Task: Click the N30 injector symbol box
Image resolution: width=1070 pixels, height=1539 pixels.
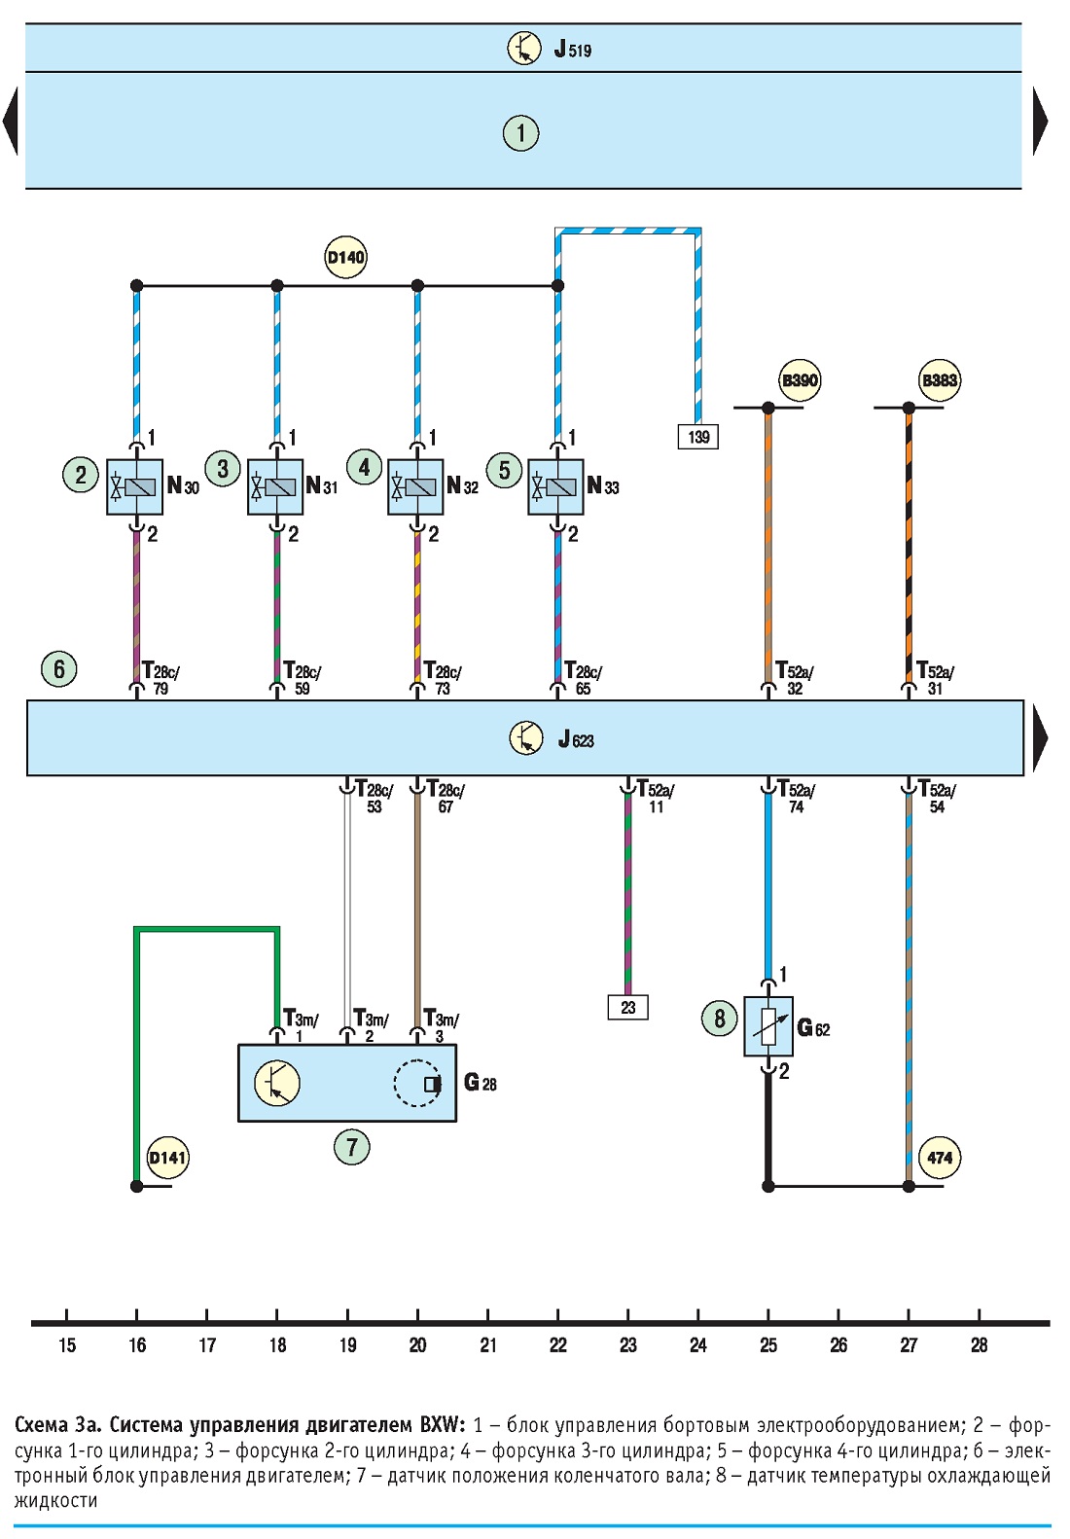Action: tap(134, 486)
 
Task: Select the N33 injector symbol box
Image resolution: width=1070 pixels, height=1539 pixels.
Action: tap(555, 486)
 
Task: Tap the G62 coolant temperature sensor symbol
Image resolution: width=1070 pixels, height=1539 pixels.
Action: tap(768, 1026)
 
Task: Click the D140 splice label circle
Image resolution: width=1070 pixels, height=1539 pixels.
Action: tap(345, 258)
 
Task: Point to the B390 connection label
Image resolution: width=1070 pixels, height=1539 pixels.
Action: tap(801, 380)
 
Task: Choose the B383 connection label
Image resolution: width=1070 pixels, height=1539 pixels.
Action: tap(940, 380)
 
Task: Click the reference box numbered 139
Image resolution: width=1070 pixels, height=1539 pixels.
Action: tap(697, 436)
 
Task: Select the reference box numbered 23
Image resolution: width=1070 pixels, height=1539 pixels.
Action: tap(627, 1007)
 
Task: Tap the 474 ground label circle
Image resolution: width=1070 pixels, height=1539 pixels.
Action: tap(940, 1158)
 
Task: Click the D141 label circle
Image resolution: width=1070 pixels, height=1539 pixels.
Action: tap(167, 1158)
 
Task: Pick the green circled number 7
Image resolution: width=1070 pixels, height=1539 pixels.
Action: tap(351, 1147)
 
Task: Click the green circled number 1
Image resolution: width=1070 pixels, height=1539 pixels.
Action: tap(520, 132)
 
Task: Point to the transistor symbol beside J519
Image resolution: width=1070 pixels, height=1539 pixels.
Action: tap(524, 49)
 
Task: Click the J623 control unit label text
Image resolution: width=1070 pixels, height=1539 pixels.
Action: tap(576, 739)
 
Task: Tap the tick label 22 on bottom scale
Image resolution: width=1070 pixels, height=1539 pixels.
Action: tap(557, 1345)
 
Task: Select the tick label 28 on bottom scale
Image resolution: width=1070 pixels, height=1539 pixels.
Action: tap(979, 1345)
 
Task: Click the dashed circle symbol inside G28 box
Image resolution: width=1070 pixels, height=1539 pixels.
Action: tap(417, 1084)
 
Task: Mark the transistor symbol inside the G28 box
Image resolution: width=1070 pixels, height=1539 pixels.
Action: tap(277, 1083)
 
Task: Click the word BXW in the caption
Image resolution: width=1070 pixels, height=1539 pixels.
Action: tap(443, 1424)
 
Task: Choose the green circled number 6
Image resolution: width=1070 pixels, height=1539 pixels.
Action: tap(59, 668)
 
